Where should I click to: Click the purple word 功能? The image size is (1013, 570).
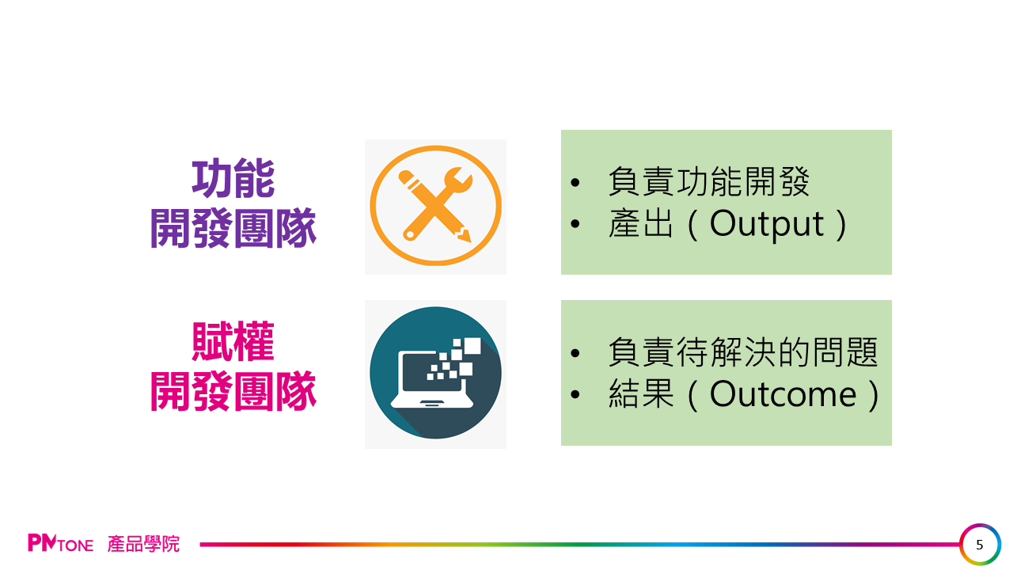click(x=233, y=178)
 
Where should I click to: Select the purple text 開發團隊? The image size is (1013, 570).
click(x=233, y=228)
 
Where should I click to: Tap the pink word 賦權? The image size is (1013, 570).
click(x=233, y=341)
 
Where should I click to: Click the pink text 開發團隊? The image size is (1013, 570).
click(x=233, y=391)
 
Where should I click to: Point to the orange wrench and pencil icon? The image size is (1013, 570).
click(x=435, y=205)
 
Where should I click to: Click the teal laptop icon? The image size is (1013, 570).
click(x=435, y=373)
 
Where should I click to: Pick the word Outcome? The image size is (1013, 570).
click(x=783, y=394)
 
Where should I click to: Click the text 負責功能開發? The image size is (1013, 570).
click(x=708, y=181)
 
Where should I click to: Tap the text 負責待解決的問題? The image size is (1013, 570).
click(x=743, y=352)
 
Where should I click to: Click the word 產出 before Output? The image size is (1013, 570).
click(x=641, y=223)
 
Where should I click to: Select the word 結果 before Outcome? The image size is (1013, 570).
click(x=641, y=394)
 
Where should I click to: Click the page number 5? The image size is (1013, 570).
click(x=980, y=544)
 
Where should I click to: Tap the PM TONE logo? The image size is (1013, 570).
click(x=61, y=543)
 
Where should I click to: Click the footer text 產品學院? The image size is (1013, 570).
click(x=143, y=544)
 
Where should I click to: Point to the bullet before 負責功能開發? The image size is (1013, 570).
click(x=575, y=182)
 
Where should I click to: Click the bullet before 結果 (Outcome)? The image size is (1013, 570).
click(x=575, y=394)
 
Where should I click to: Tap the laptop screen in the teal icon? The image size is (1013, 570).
click(x=431, y=372)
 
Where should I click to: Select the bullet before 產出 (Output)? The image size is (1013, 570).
click(x=575, y=223)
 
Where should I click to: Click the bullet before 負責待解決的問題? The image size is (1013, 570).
click(x=575, y=353)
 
